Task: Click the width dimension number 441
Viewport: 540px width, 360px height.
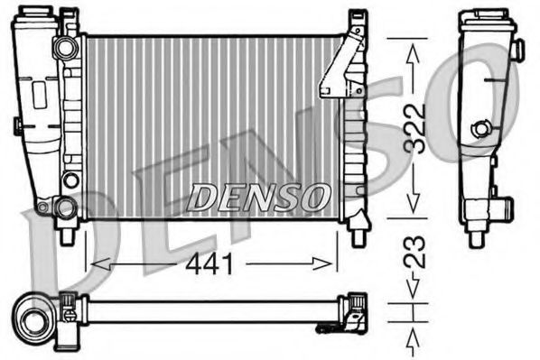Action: click(x=209, y=264)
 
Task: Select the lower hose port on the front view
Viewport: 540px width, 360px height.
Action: click(x=66, y=208)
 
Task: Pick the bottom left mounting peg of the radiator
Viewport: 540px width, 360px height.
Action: click(x=70, y=236)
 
